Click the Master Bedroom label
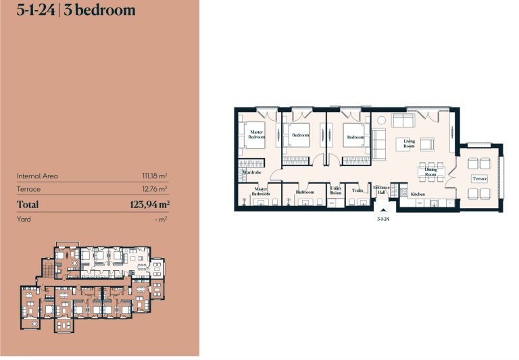pyautogui.click(x=257, y=134)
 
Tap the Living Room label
pyautogui.click(x=409, y=144)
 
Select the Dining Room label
pyautogui.click(x=430, y=172)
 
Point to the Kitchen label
pyautogui.click(x=418, y=195)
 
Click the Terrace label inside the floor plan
pyautogui.click(x=480, y=179)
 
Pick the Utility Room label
pyautogui.click(x=336, y=190)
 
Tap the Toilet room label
pyautogui.click(x=357, y=190)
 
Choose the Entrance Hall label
pyautogui.click(x=381, y=190)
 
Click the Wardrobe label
pyautogui.click(x=252, y=172)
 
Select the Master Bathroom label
pyautogui.click(x=261, y=192)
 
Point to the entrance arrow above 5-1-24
pyautogui.click(x=383, y=210)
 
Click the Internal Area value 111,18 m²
pyautogui.click(x=155, y=176)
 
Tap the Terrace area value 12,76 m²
pyautogui.click(x=155, y=189)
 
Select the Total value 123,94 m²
pyautogui.click(x=150, y=205)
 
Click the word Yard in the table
pyautogui.click(x=24, y=219)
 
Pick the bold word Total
pyautogui.click(x=28, y=205)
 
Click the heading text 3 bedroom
pyautogui.click(x=99, y=10)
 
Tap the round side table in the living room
pyautogui.click(x=382, y=120)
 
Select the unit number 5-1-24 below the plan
pyautogui.click(x=383, y=219)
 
